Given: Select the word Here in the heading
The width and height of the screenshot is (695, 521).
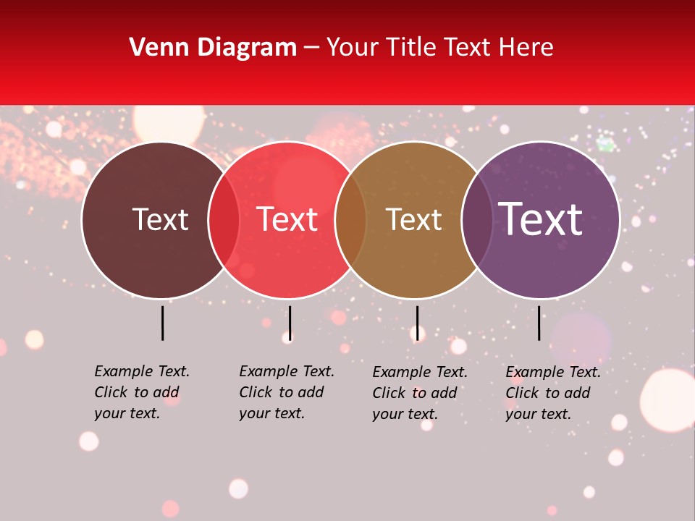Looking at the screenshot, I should pyautogui.click(x=528, y=48).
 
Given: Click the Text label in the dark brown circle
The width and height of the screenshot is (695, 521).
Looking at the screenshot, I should pyautogui.click(x=160, y=219).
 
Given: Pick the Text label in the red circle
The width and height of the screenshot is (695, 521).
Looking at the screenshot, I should pyautogui.click(x=287, y=219).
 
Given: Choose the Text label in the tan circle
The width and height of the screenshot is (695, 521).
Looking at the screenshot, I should pyautogui.click(x=413, y=219).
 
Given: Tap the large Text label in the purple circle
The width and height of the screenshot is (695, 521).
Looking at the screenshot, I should pyautogui.click(x=540, y=219).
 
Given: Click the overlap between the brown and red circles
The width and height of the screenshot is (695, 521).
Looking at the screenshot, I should pyautogui.click(x=224, y=220).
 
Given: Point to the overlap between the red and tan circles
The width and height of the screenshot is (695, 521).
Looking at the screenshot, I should pyautogui.click(x=350, y=220).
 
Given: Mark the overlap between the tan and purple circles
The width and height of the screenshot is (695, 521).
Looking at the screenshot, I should pyautogui.click(x=477, y=220).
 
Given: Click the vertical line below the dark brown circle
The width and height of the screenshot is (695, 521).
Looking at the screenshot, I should pyautogui.click(x=162, y=323).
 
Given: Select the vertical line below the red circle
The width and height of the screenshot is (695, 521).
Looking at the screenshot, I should pyautogui.click(x=290, y=323).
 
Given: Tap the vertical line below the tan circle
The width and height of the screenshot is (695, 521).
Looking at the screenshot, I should pyautogui.click(x=417, y=323).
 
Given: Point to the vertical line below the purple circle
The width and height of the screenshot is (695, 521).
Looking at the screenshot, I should pyautogui.click(x=539, y=323).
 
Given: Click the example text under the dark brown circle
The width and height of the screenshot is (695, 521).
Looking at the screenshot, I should pyautogui.click(x=142, y=392).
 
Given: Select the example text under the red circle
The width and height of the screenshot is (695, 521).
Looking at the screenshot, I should pyautogui.click(x=287, y=392).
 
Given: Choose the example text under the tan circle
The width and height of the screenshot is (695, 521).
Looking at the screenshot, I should pyautogui.click(x=420, y=393).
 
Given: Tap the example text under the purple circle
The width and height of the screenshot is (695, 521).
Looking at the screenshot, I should pyautogui.click(x=553, y=393).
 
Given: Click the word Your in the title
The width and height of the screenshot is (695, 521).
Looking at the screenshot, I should pyautogui.click(x=352, y=48).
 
